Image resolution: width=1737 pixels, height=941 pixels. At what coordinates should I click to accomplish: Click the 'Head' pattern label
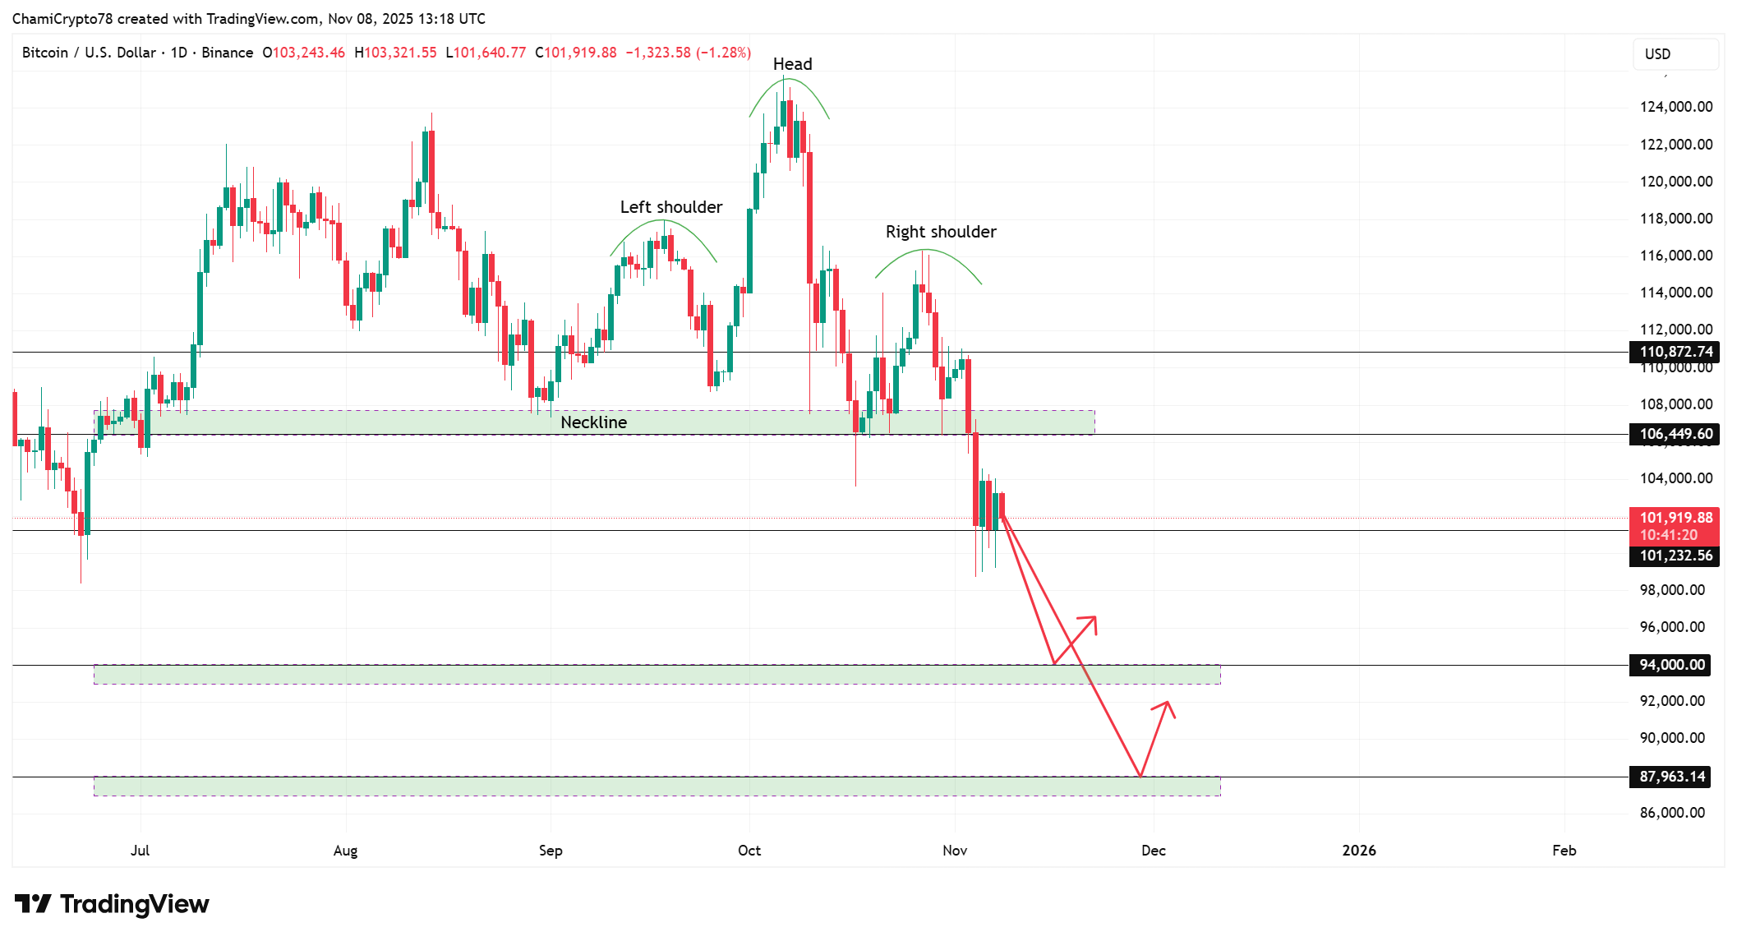point(792,64)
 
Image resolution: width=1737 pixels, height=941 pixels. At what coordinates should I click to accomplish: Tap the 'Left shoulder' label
point(670,207)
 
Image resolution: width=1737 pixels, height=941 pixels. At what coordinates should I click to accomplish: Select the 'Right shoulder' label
point(940,232)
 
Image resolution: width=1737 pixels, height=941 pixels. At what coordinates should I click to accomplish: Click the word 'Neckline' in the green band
point(593,422)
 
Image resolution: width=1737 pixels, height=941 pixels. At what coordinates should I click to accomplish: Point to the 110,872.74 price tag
point(1675,352)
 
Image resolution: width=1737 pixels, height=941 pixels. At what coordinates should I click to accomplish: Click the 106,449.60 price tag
point(1675,434)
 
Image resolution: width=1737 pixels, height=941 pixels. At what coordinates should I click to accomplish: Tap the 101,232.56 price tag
point(1675,556)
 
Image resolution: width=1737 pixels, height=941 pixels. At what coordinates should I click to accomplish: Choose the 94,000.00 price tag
point(1671,665)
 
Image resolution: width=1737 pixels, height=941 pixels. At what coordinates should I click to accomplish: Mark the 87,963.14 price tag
point(1671,777)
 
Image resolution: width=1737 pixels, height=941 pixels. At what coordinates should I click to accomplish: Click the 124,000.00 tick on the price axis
point(1675,107)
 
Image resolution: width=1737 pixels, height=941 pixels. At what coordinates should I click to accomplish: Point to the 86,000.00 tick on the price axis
point(1671,813)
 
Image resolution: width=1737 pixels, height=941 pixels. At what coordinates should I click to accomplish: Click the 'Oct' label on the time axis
point(749,851)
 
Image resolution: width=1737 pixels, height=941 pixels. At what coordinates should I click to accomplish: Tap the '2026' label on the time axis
point(1358,851)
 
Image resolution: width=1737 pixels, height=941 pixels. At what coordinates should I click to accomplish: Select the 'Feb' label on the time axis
point(1564,851)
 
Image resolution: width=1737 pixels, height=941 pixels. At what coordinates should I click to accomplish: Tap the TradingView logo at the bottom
point(113,904)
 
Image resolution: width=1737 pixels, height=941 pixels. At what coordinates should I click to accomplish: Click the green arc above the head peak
point(787,80)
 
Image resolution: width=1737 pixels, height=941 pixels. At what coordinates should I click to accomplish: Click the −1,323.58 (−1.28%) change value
point(688,53)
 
